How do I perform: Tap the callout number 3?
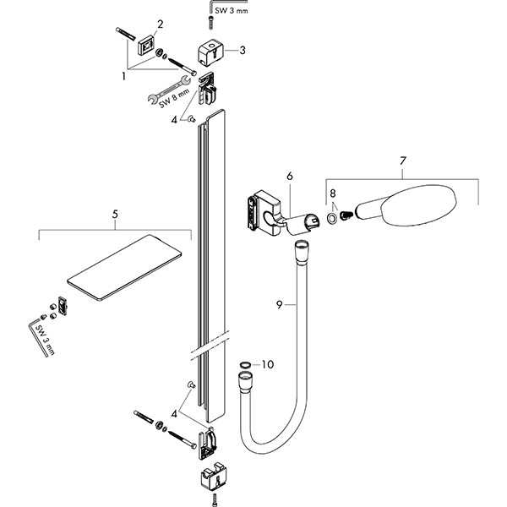242,50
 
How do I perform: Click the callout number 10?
268,365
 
